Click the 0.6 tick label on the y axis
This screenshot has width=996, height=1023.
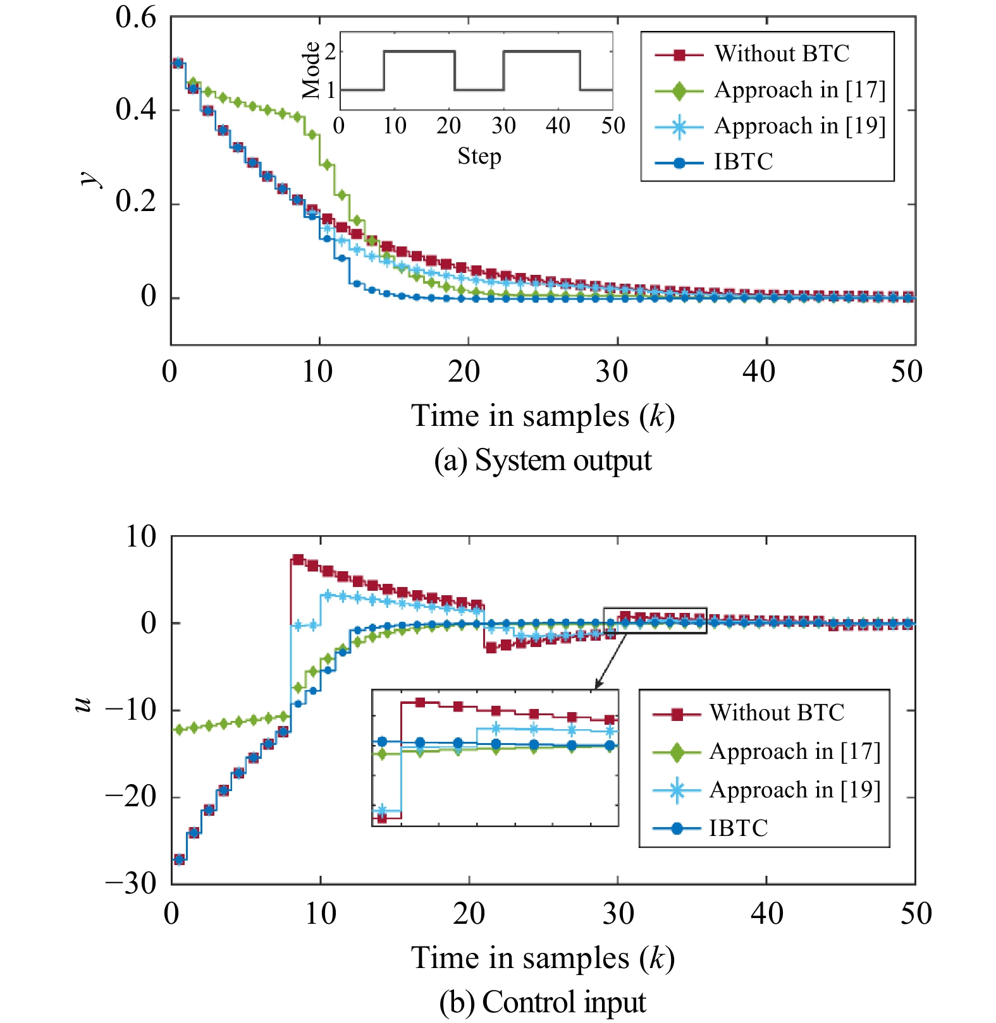tap(135, 18)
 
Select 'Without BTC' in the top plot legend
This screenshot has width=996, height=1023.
tap(782, 54)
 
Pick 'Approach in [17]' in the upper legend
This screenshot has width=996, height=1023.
tap(799, 90)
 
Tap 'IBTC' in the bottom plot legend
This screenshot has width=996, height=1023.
tap(738, 828)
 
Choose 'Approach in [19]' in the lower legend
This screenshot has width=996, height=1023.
tap(794, 790)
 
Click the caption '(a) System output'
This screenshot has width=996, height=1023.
tap(543, 460)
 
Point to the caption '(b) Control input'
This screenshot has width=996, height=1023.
tap(543, 1002)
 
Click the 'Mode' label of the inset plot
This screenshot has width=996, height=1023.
tap(311, 71)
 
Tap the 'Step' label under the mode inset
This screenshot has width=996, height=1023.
tap(479, 156)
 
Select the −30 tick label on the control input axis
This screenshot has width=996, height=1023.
tap(131, 883)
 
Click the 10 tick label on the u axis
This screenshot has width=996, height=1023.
tap(140, 537)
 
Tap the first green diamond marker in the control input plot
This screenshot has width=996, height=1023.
tap(179, 729)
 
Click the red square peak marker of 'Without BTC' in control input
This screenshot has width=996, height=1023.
tap(298, 560)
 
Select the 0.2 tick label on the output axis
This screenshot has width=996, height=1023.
tap(135, 203)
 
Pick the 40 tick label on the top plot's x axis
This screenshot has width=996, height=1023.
tap(759, 372)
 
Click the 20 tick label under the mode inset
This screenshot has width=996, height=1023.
tap(448, 126)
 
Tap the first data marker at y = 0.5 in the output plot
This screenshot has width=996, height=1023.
tap(178, 63)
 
